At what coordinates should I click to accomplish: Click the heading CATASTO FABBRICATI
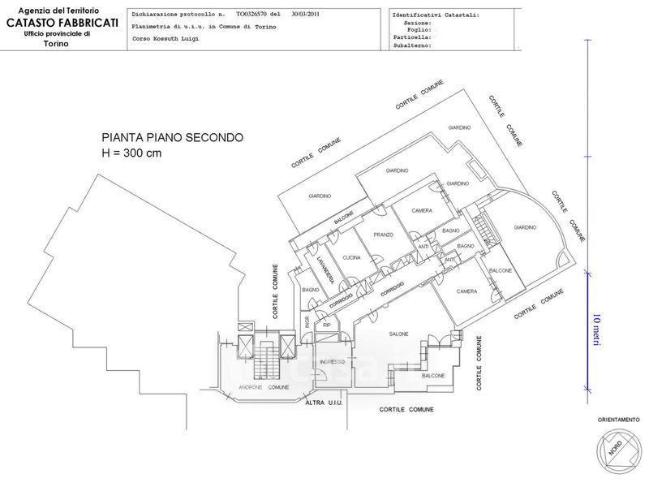[x=62, y=22]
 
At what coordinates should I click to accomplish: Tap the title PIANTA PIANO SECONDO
[x=172, y=138]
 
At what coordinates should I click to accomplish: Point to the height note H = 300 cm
[x=131, y=154]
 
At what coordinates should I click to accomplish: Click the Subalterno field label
[x=411, y=46]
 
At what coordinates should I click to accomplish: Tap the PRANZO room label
[x=383, y=235]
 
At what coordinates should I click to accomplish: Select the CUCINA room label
[x=351, y=257]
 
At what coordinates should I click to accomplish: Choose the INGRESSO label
[x=333, y=361]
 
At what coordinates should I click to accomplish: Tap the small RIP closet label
[x=328, y=325]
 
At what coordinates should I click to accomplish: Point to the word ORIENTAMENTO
[x=617, y=420]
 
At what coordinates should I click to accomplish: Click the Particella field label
[x=410, y=37]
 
